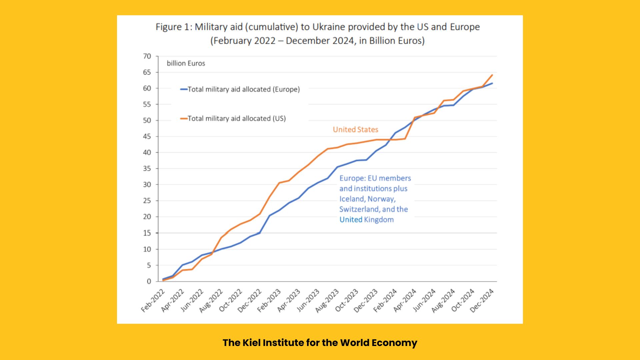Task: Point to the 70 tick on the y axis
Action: (x=147, y=56)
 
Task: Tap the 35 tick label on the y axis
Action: (x=147, y=169)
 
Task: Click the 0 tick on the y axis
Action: (x=149, y=281)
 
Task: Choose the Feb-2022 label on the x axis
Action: (x=153, y=301)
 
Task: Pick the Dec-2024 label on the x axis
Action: (x=482, y=301)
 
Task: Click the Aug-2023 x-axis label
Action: (x=327, y=301)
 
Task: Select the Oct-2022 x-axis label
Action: (x=230, y=301)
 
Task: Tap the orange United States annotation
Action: (x=355, y=130)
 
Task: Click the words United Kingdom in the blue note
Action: (x=367, y=220)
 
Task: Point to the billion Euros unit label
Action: (x=186, y=63)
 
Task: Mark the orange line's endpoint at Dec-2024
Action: (x=492, y=75)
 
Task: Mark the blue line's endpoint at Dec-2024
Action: (x=492, y=83)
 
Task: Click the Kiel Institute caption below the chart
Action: (x=320, y=343)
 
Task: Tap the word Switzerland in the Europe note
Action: (x=359, y=209)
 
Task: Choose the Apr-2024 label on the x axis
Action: (x=405, y=301)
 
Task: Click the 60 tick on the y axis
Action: (x=147, y=88)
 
